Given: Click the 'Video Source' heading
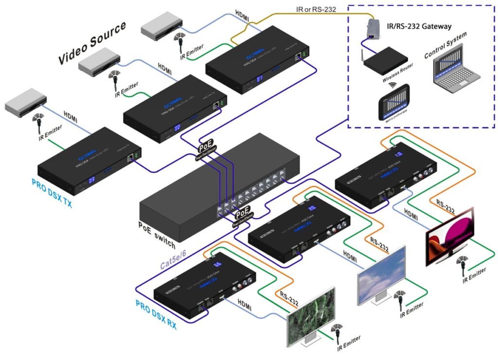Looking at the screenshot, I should [x=92, y=43].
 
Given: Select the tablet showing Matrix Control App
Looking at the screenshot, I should [x=393, y=104].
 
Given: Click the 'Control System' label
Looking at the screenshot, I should [x=445, y=46].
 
